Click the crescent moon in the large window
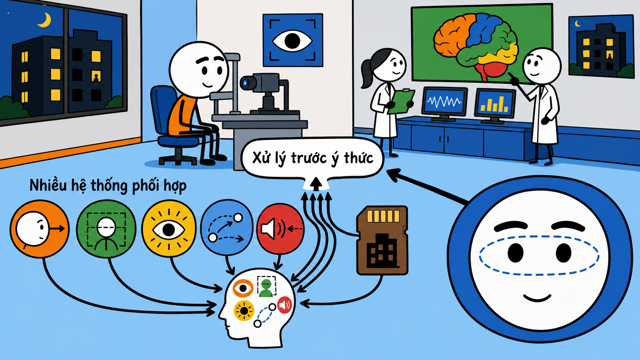46,21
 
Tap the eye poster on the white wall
293,40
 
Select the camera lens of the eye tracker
245,83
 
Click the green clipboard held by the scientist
400,101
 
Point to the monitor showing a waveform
444,102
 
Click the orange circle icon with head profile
39,229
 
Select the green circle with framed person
106,229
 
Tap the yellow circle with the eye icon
169,229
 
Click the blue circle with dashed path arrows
227,228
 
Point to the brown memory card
382,240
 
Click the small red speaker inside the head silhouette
284,305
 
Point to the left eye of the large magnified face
516,252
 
